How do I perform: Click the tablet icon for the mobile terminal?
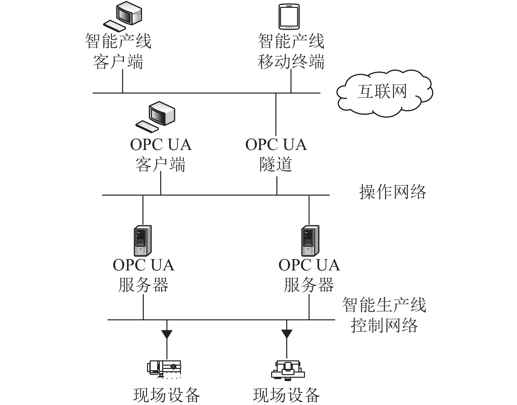(x=289, y=16)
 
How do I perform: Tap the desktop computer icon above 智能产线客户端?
(x=123, y=16)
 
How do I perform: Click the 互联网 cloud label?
(x=382, y=91)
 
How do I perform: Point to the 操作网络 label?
(x=393, y=192)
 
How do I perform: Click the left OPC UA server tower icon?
(x=143, y=241)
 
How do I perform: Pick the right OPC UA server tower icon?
(x=310, y=241)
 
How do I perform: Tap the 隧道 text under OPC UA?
(x=276, y=164)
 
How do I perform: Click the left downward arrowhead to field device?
(x=167, y=334)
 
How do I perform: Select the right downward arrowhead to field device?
(x=287, y=334)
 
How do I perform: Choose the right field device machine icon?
(x=288, y=369)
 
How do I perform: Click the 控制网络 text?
(x=384, y=326)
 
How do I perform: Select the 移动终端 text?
(x=291, y=62)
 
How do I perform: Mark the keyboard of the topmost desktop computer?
(x=115, y=26)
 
